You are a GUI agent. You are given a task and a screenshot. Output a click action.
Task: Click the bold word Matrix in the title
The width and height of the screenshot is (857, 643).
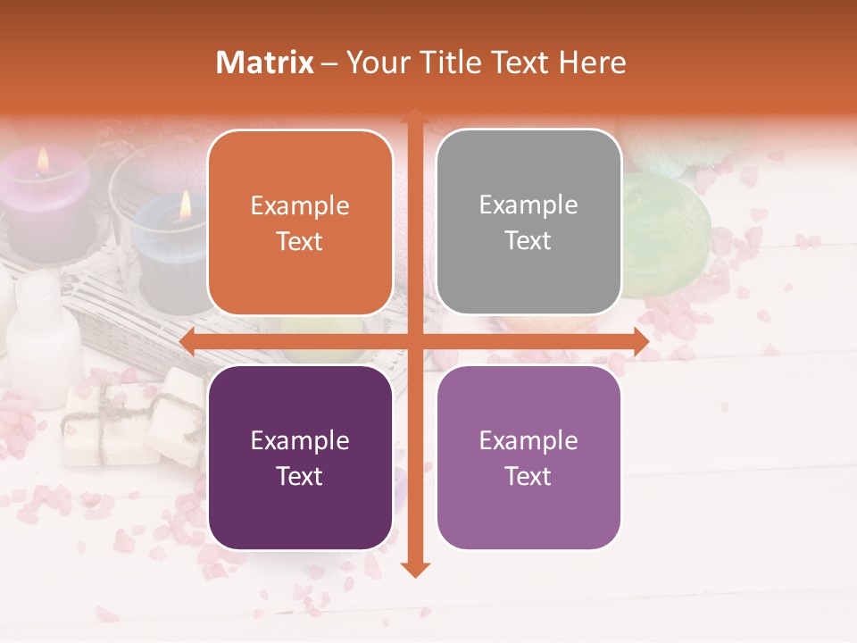pyautogui.click(x=265, y=63)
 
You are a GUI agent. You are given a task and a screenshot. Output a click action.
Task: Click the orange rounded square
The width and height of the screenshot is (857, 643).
pyautogui.click(x=300, y=222)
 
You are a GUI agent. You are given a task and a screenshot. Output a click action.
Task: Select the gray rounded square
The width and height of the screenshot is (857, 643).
pyautogui.click(x=528, y=222)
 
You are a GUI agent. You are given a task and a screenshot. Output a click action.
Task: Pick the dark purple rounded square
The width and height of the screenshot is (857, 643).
pyautogui.click(x=300, y=457)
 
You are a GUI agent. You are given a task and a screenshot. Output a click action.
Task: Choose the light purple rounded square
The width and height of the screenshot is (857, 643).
pyautogui.click(x=528, y=457)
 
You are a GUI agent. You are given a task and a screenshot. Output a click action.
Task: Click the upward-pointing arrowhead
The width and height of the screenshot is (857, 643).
pyautogui.click(x=414, y=116)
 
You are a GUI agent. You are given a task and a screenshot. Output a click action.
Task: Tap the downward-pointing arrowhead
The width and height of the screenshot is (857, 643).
pyautogui.click(x=414, y=569)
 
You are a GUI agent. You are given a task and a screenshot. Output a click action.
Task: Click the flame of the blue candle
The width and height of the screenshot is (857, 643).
pyautogui.click(x=185, y=205)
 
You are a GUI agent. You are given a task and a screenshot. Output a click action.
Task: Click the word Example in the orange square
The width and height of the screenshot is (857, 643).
pyautogui.click(x=300, y=206)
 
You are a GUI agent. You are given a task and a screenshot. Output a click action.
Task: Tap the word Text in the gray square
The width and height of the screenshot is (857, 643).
pyautogui.click(x=528, y=241)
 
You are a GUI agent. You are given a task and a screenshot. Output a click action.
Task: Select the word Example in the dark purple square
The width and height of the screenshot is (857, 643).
pyautogui.click(x=300, y=440)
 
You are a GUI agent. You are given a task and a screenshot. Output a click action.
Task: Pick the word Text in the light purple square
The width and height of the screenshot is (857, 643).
pyautogui.click(x=528, y=476)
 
